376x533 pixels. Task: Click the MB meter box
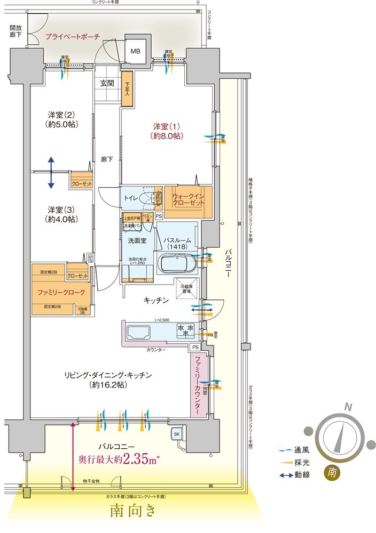pyautogui.click(x=136, y=52)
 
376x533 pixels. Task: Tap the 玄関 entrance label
pyautogui.click(x=107, y=83)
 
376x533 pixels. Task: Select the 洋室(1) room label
pyautogui.click(x=168, y=131)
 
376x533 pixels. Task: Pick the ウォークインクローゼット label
pyautogui.click(x=188, y=200)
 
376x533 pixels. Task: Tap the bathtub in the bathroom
pyautogui.click(x=178, y=264)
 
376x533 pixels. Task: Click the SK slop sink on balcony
pyautogui.click(x=176, y=435)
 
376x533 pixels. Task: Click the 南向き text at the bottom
pyautogui.click(x=134, y=511)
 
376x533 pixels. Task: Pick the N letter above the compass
pyautogui.click(x=348, y=407)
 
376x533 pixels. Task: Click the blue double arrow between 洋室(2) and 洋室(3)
pyautogui.click(x=50, y=172)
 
